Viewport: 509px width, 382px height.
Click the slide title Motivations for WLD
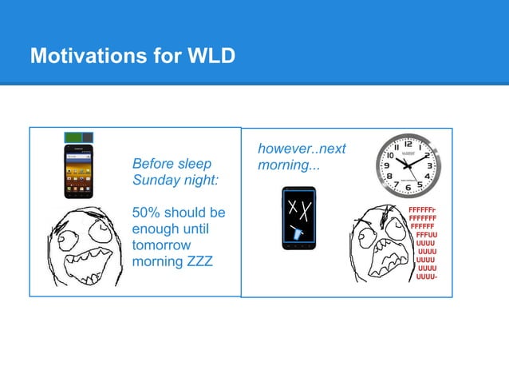pyautogui.click(x=132, y=58)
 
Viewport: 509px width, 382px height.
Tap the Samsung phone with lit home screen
pyautogui.click(x=79, y=171)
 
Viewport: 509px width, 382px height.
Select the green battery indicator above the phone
pyautogui.click(x=78, y=137)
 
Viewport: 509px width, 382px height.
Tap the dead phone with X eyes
pyautogui.click(x=298, y=218)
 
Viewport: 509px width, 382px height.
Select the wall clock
pyautogui.click(x=408, y=165)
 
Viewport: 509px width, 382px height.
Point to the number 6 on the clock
pyautogui.click(x=408, y=188)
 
